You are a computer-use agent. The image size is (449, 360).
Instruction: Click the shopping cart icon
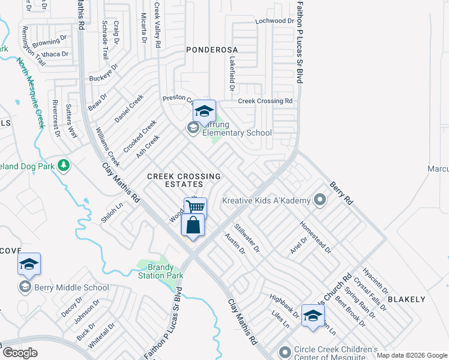click(195, 206)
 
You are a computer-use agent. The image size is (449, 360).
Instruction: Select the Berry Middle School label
click(62, 287)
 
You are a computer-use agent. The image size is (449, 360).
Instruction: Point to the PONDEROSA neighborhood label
click(212, 49)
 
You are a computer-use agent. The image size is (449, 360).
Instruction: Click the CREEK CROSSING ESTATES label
click(184, 181)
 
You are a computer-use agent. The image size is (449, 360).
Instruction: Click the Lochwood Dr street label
click(274, 20)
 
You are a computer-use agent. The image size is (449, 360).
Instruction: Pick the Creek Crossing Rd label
click(265, 101)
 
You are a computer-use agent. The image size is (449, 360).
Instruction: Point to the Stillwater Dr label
click(247, 237)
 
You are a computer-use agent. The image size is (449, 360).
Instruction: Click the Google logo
click(20, 353)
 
